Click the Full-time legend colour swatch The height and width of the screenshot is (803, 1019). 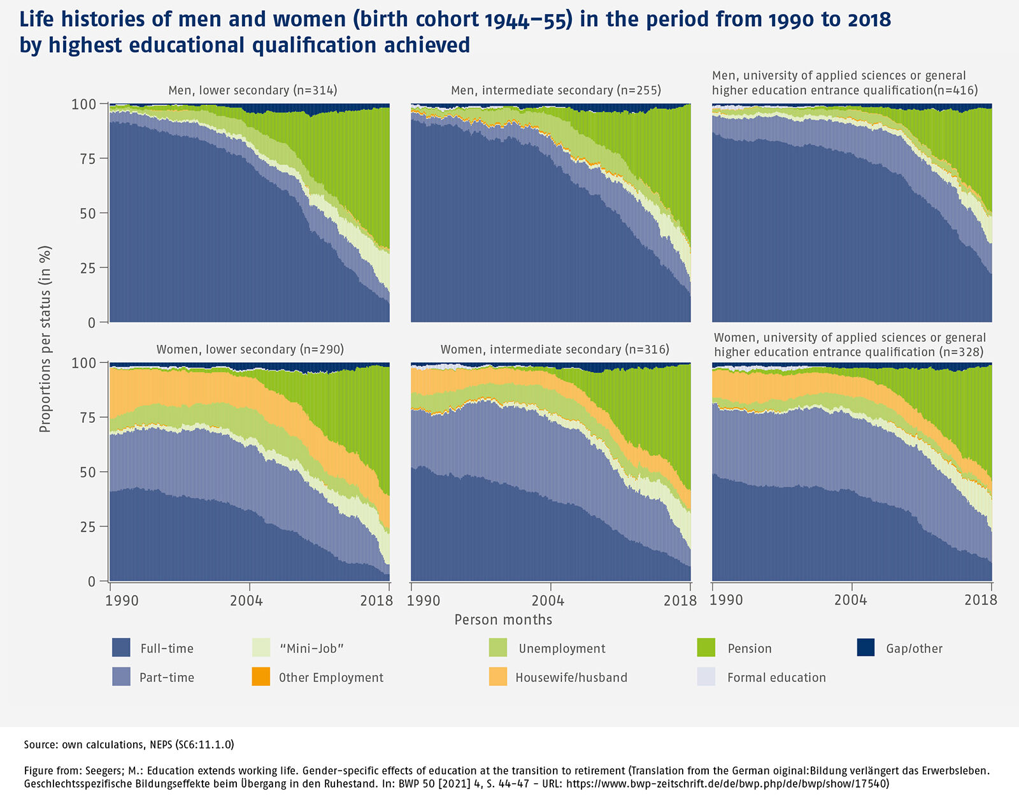pos(121,648)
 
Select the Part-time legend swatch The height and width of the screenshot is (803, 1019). pos(121,677)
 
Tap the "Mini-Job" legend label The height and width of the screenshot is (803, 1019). pos(311,648)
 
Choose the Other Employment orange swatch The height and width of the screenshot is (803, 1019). pos(261,677)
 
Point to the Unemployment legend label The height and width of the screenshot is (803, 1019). pos(562,648)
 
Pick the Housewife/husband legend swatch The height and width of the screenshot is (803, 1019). pos(498,677)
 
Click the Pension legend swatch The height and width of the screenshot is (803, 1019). pos(706,648)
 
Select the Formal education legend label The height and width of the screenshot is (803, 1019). pos(776,678)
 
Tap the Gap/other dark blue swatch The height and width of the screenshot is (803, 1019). pos(866,648)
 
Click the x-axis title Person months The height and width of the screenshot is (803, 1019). pos(503,620)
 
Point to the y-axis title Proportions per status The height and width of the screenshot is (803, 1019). pos(45,339)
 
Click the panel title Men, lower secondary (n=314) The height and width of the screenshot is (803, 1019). pos(253,90)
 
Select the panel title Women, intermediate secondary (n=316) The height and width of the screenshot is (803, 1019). pos(555,350)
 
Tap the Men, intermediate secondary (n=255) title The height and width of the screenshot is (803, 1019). pos(556,90)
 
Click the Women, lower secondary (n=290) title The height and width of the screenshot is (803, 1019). pos(250,350)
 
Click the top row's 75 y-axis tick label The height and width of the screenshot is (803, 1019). pos(88,159)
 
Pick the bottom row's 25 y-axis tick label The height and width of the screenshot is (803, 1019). pos(88,527)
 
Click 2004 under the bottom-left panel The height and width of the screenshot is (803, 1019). pos(246,600)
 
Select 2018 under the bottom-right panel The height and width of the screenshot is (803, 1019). pos(981,600)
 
